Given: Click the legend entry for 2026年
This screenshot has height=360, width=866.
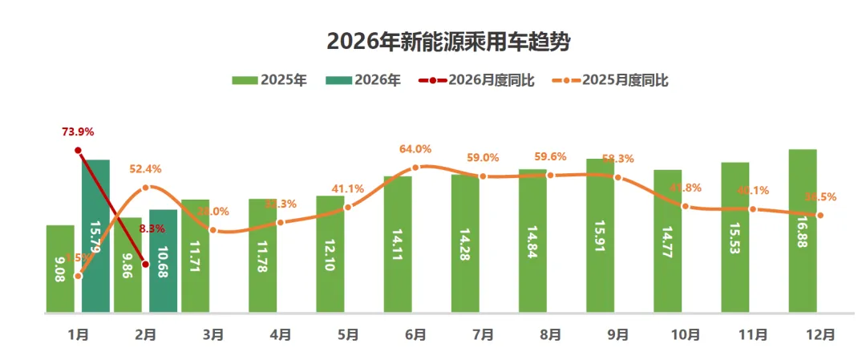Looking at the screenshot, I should (363, 80).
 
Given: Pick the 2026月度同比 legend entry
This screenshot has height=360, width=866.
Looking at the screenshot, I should (474, 80).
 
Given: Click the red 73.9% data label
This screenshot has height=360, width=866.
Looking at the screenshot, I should (79, 131).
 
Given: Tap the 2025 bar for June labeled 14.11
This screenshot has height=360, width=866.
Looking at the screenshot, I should (398, 244).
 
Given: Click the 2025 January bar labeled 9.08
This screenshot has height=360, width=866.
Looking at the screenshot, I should (60, 269).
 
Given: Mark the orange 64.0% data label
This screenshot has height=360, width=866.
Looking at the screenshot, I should (415, 149).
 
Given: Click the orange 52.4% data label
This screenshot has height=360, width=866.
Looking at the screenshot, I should (146, 169).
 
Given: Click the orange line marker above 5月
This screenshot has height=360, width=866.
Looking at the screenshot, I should (348, 208).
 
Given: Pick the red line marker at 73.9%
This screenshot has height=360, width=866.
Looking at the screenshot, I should (78, 151).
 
